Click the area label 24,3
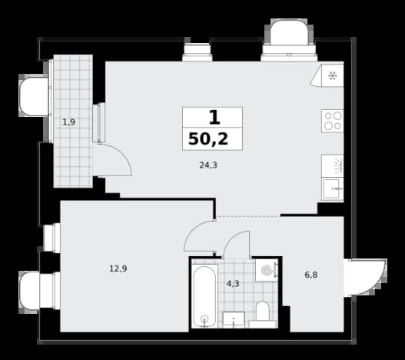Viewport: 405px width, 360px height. (x=208, y=165)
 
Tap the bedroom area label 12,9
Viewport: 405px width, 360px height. (x=118, y=268)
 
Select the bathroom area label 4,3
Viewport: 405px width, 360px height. (x=233, y=284)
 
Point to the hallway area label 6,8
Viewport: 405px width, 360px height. (x=311, y=275)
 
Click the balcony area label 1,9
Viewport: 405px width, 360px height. (x=69, y=122)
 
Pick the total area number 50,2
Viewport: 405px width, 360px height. (x=208, y=139)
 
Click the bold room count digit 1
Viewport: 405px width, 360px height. (x=214, y=118)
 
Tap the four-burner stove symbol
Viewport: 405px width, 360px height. (x=333, y=121)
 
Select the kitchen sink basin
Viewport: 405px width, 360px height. (x=331, y=188)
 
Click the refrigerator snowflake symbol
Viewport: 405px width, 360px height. (x=332, y=76)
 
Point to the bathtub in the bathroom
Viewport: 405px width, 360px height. (x=204, y=296)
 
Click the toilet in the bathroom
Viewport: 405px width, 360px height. (x=263, y=314)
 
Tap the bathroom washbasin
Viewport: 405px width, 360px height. (x=234, y=318)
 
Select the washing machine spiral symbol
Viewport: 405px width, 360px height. (x=267, y=271)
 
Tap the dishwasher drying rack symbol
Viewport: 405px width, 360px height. (x=338, y=166)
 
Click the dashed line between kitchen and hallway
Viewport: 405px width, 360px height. (x=248, y=215)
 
